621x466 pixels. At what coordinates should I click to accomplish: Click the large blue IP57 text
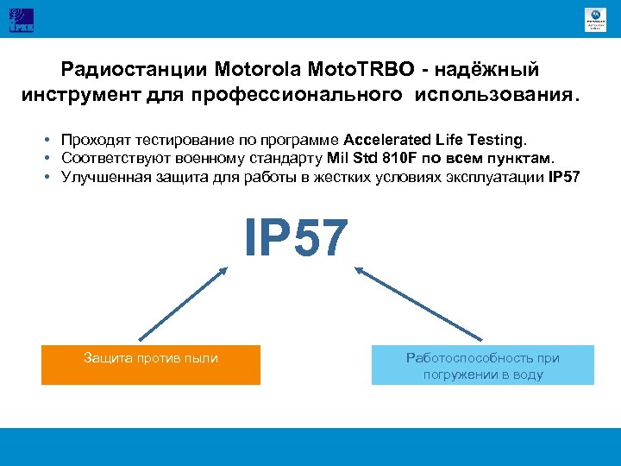point(296,237)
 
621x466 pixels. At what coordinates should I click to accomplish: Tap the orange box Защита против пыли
point(151,364)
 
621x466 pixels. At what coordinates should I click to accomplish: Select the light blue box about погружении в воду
point(482,365)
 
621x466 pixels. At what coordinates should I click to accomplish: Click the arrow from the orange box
point(182,305)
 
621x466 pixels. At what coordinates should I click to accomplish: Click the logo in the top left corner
point(22,19)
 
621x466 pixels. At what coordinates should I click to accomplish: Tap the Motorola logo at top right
point(595,19)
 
